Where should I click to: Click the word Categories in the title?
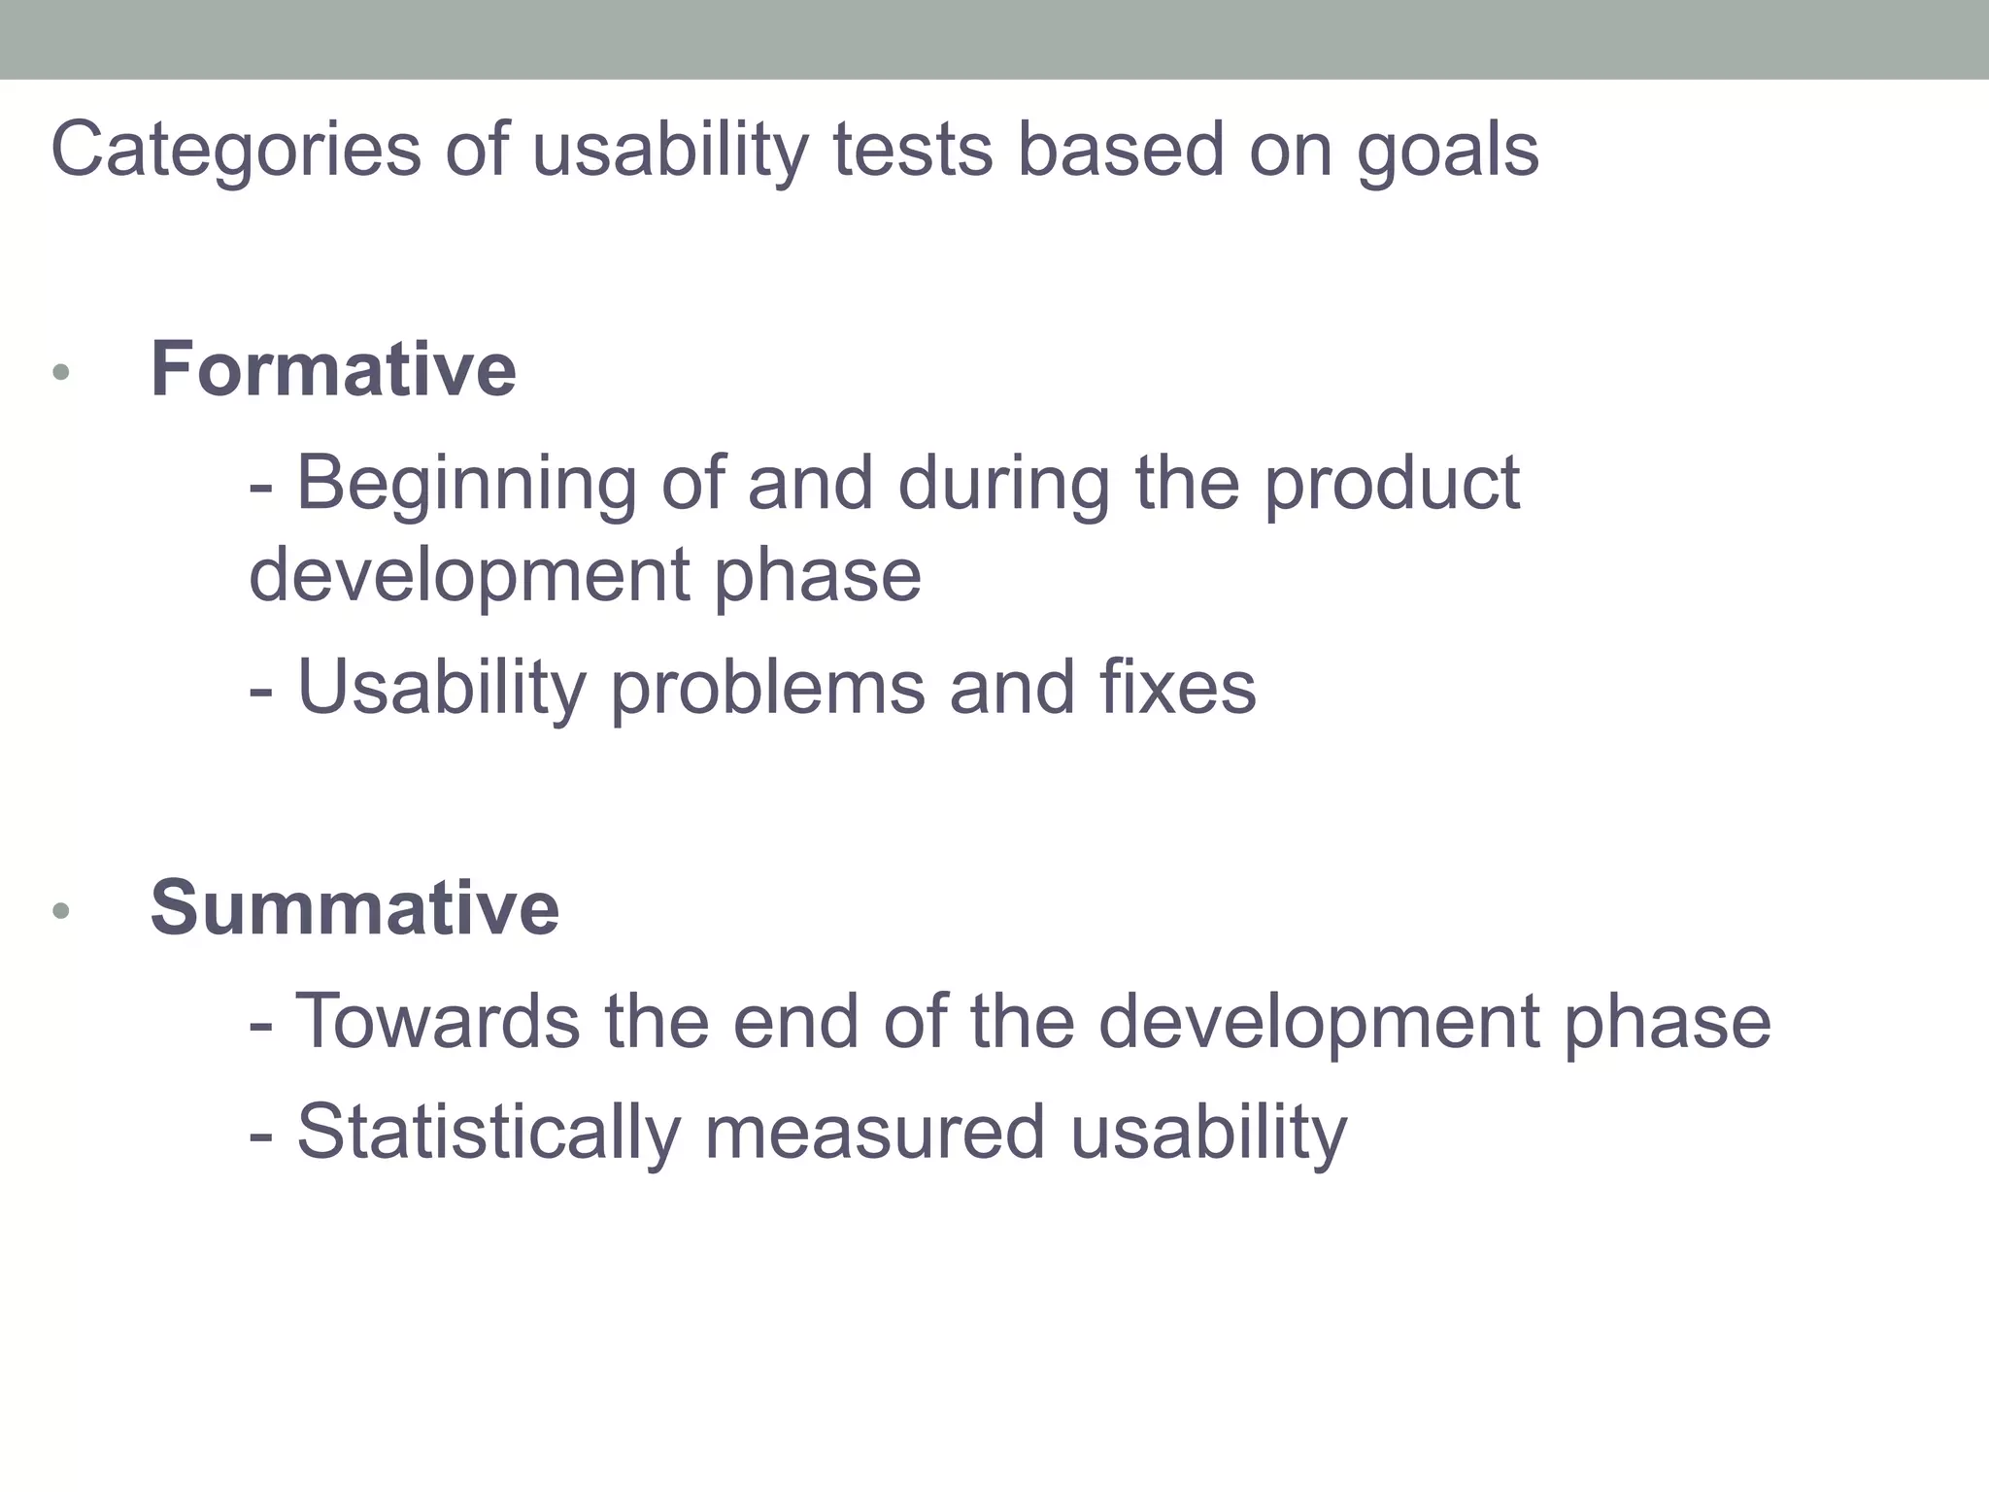[x=236, y=151]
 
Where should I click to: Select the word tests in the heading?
[x=913, y=151]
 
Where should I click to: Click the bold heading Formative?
[x=333, y=370]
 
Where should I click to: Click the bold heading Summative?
[x=354, y=908]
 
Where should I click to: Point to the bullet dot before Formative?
[x=61, y=372]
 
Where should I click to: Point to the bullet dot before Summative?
[x=61, y=910]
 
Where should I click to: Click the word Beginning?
[x=466, y=483]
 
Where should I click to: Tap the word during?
[x=1003, y=483]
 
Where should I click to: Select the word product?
[x=1391, y=483]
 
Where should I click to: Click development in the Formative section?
[x=469, y=575]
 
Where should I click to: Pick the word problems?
[x=767, y=688]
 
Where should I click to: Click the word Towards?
[x=437, y=1022]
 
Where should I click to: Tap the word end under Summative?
[x=795, y=1022]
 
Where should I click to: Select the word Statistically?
[x=489, y=1133]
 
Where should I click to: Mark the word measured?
[x=874, y=1133]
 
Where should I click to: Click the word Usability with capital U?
[x=442, y=688]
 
